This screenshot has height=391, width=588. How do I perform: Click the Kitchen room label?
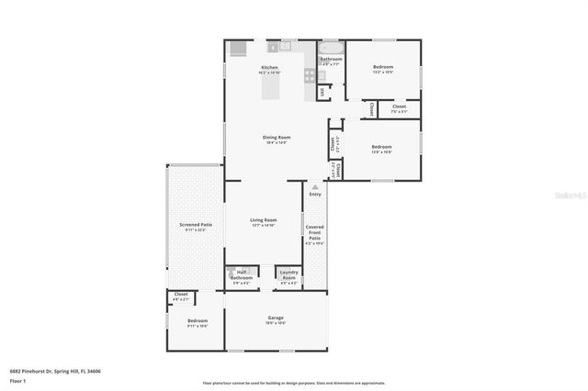tap(269, 68)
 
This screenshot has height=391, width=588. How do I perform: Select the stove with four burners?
tap(309, 78)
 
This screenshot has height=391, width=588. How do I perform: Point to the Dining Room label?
tap(277, 138)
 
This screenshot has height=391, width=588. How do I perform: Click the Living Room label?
tap(264, 220)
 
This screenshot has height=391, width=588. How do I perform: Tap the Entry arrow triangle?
tap(315, 186)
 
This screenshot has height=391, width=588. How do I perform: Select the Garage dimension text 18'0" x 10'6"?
tap(276, 323)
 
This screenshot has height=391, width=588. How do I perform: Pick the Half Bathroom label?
tap(243, 274)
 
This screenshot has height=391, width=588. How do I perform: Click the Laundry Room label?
tap(288, 274)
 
